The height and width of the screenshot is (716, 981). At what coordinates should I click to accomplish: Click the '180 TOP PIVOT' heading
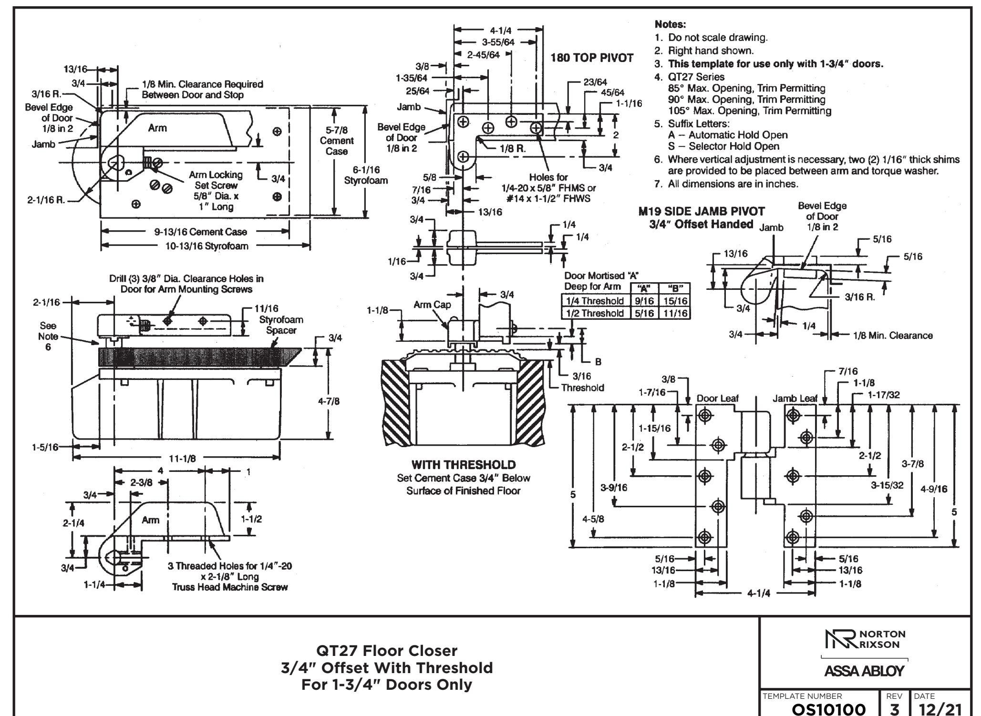592,58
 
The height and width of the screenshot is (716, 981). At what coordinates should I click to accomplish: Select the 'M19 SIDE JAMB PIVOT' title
702,211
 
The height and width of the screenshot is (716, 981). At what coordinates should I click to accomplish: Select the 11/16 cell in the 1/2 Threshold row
674,313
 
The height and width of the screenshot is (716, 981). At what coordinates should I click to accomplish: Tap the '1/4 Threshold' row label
595,301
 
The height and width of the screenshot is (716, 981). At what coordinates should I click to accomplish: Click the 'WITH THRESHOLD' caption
463,464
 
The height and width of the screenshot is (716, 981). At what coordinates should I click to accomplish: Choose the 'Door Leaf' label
717,399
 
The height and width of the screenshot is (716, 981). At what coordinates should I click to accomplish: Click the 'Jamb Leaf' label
795,399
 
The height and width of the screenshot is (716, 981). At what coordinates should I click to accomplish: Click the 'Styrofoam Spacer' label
281,325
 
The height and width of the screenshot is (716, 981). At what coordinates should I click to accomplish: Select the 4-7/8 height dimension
329,401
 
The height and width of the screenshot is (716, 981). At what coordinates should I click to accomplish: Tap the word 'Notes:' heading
671,24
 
